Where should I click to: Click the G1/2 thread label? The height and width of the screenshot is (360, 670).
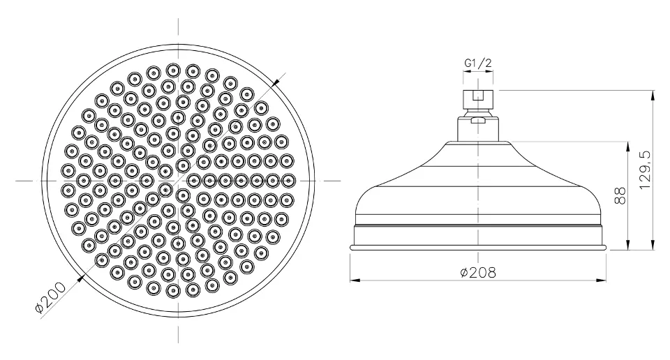tap(478, 63)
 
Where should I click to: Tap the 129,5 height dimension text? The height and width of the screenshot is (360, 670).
tap(645, 170)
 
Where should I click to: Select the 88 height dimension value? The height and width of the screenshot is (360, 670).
tap(620, 195)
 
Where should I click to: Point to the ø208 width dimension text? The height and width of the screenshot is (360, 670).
tap(478, 272)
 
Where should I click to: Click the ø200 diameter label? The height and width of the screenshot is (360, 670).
tap(50, 298)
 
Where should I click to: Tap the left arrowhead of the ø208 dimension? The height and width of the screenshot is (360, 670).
tap(355, 280)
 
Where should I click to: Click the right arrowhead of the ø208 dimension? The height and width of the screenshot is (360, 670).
tap(601, 280)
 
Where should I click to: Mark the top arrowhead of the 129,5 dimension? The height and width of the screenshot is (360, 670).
tap(653, 96)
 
